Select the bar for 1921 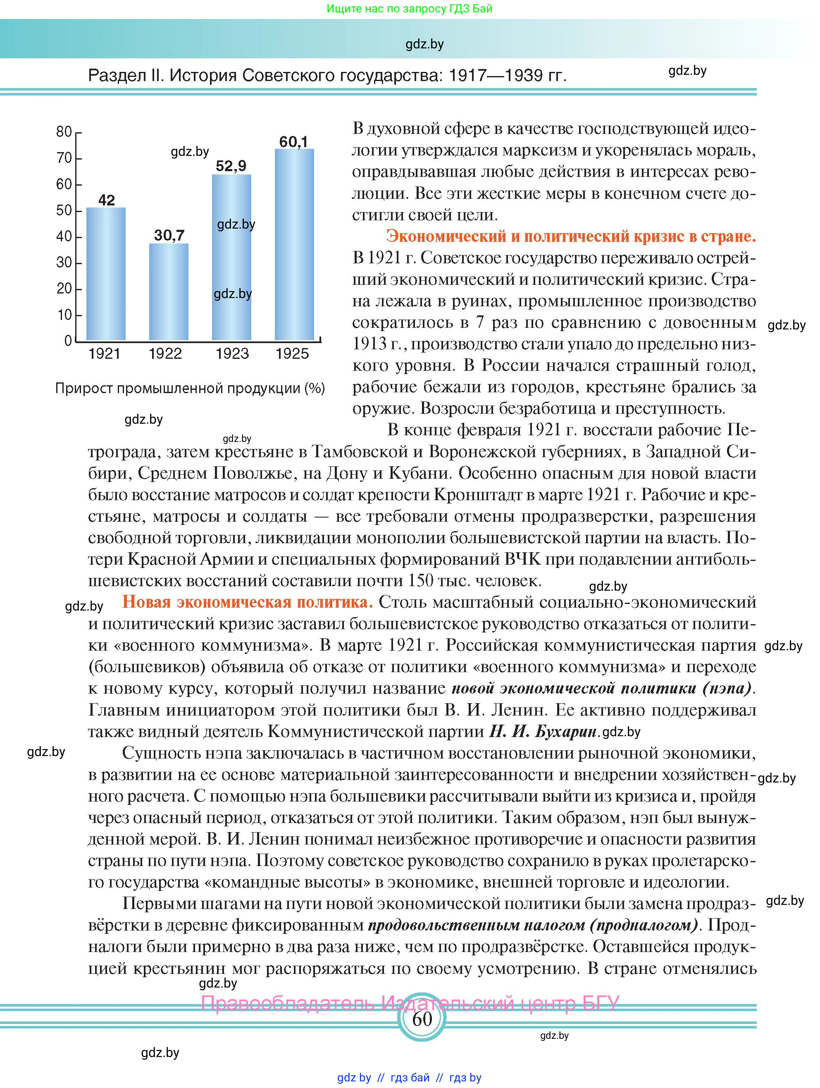106,274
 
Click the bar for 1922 168,292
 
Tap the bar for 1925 294,244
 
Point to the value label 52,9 231,166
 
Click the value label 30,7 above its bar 169,235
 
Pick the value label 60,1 294,142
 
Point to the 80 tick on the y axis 64,132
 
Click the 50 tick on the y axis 64,210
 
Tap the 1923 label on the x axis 232,354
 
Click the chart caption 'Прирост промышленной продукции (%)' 190,389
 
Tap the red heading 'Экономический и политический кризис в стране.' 571,236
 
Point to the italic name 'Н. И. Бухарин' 543,731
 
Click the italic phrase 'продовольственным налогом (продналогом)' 533,925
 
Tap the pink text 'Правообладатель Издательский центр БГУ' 410,1002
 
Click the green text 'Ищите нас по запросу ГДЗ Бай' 409,9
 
